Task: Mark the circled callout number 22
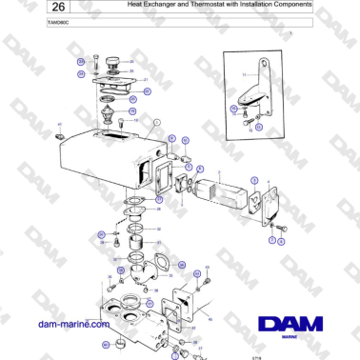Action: pos(147,91)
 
